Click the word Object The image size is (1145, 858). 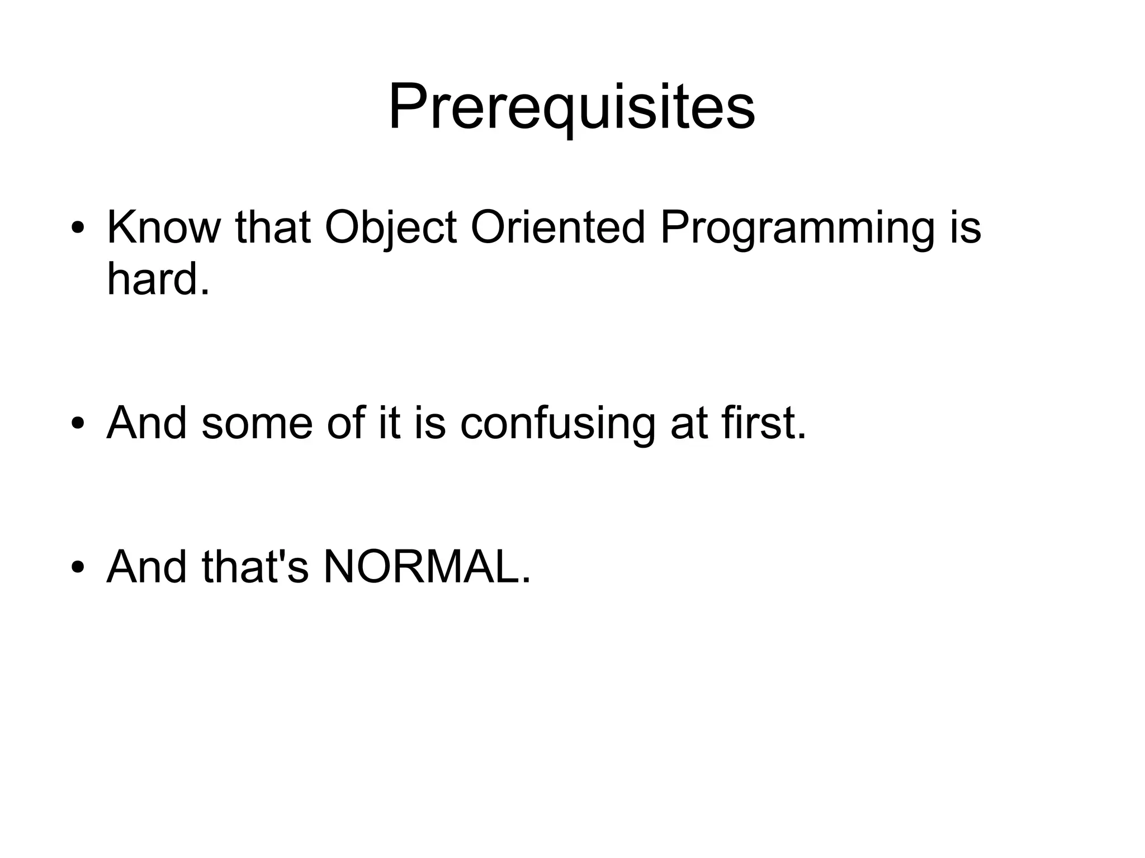coord(391,228)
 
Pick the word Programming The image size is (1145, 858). coord(797,228)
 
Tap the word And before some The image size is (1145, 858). coord(146,423)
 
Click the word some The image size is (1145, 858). coord(257,423)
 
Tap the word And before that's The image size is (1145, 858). coord(146,567)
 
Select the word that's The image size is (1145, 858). coord(255,567)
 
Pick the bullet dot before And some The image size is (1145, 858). coord(78,424)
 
